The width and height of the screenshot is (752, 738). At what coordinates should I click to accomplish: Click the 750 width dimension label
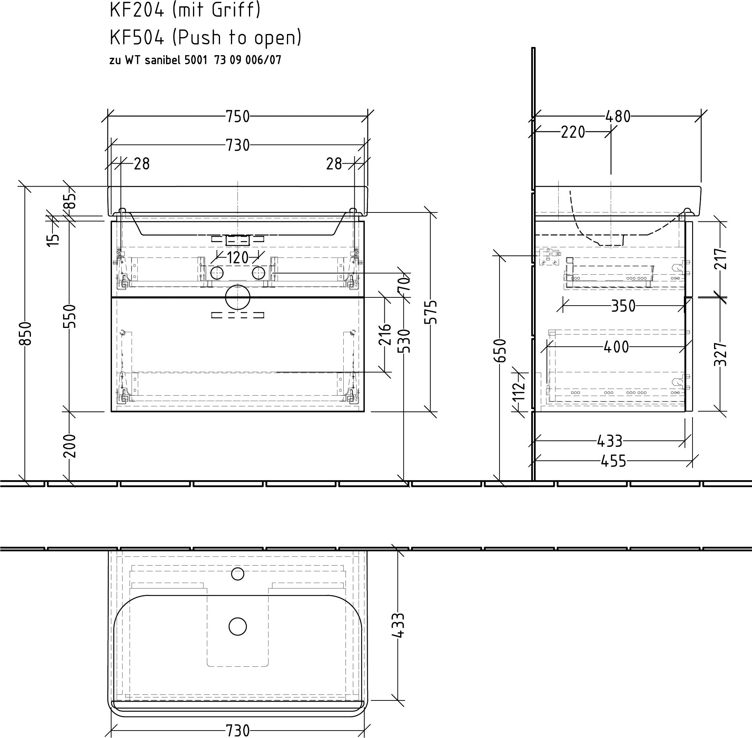238,117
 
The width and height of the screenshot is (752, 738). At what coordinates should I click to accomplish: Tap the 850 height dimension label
25,334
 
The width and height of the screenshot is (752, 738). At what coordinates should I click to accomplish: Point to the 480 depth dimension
618,117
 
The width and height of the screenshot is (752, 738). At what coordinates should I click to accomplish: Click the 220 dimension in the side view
573,132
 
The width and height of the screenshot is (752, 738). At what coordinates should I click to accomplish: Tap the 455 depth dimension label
613,461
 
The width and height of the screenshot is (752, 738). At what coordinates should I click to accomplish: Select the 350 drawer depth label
624,306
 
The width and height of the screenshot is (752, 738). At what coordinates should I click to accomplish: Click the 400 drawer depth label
616,347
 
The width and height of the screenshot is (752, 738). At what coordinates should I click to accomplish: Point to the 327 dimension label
720,354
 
